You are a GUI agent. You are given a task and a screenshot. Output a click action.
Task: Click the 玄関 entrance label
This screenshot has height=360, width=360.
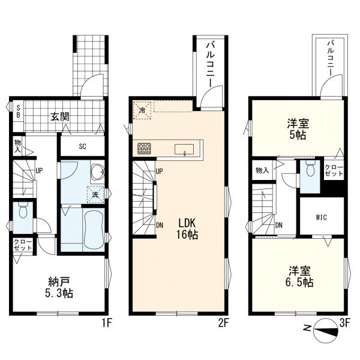point(60,117)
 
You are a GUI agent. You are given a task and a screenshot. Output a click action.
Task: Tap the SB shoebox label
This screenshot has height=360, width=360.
point(19,111)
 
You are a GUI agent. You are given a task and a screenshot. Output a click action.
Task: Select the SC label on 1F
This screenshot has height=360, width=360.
point(82,146)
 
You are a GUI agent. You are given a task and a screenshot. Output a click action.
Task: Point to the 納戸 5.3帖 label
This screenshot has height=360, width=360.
point(59,287)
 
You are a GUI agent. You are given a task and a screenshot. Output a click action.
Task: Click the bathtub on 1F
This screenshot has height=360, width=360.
point(94,229)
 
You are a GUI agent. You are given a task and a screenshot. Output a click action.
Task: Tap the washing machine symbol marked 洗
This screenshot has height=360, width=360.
point(95,194)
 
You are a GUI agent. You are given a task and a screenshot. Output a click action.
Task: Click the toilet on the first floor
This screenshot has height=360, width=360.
point(23,210)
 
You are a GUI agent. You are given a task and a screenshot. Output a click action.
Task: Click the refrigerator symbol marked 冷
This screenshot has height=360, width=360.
point(142,110)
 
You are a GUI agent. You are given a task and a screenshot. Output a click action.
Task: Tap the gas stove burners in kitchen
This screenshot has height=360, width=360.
point(144,148)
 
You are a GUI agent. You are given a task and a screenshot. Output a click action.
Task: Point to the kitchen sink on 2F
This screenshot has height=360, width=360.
point(184,149)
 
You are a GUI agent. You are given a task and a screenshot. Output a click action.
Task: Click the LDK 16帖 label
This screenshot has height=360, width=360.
point(187,229)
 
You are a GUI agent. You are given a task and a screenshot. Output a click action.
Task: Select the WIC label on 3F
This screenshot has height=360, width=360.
point(322,217)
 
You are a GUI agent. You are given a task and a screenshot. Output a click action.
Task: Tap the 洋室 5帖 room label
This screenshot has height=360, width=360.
point(298,129)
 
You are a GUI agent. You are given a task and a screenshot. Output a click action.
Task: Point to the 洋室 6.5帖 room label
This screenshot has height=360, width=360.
point(299,277)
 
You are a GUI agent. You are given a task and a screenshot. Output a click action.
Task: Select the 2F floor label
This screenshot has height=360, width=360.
point(223,323)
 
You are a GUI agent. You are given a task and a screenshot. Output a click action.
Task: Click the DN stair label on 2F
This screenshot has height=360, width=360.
point(160,226)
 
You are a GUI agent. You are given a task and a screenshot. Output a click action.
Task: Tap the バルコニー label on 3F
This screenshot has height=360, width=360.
point(331,58)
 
